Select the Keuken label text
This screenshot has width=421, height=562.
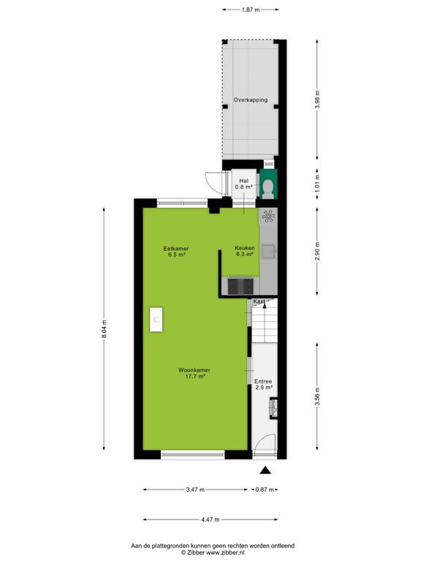[245, 248]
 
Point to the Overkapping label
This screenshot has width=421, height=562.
[251, 100]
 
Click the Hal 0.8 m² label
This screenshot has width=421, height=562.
[244, 184]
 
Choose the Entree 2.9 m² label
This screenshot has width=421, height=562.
[263, 385]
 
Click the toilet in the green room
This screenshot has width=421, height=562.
[268, 188]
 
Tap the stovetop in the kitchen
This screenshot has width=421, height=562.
[240, 285]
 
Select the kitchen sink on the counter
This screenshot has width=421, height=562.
[268, 251]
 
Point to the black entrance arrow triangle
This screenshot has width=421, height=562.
[265, 471]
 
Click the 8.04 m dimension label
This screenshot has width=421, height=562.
[104, 329]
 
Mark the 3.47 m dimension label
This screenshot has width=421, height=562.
[195, 490]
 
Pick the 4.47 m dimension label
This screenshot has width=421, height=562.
[210, 520]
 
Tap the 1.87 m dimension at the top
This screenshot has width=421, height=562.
[250, 10]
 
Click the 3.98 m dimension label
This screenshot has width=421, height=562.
[317, 100]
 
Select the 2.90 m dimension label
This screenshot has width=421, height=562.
[317, 252]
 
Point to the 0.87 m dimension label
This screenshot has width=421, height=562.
[264, 490]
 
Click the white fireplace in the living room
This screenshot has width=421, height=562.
[156, 319]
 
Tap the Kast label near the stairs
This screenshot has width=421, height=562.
[259, 301]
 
